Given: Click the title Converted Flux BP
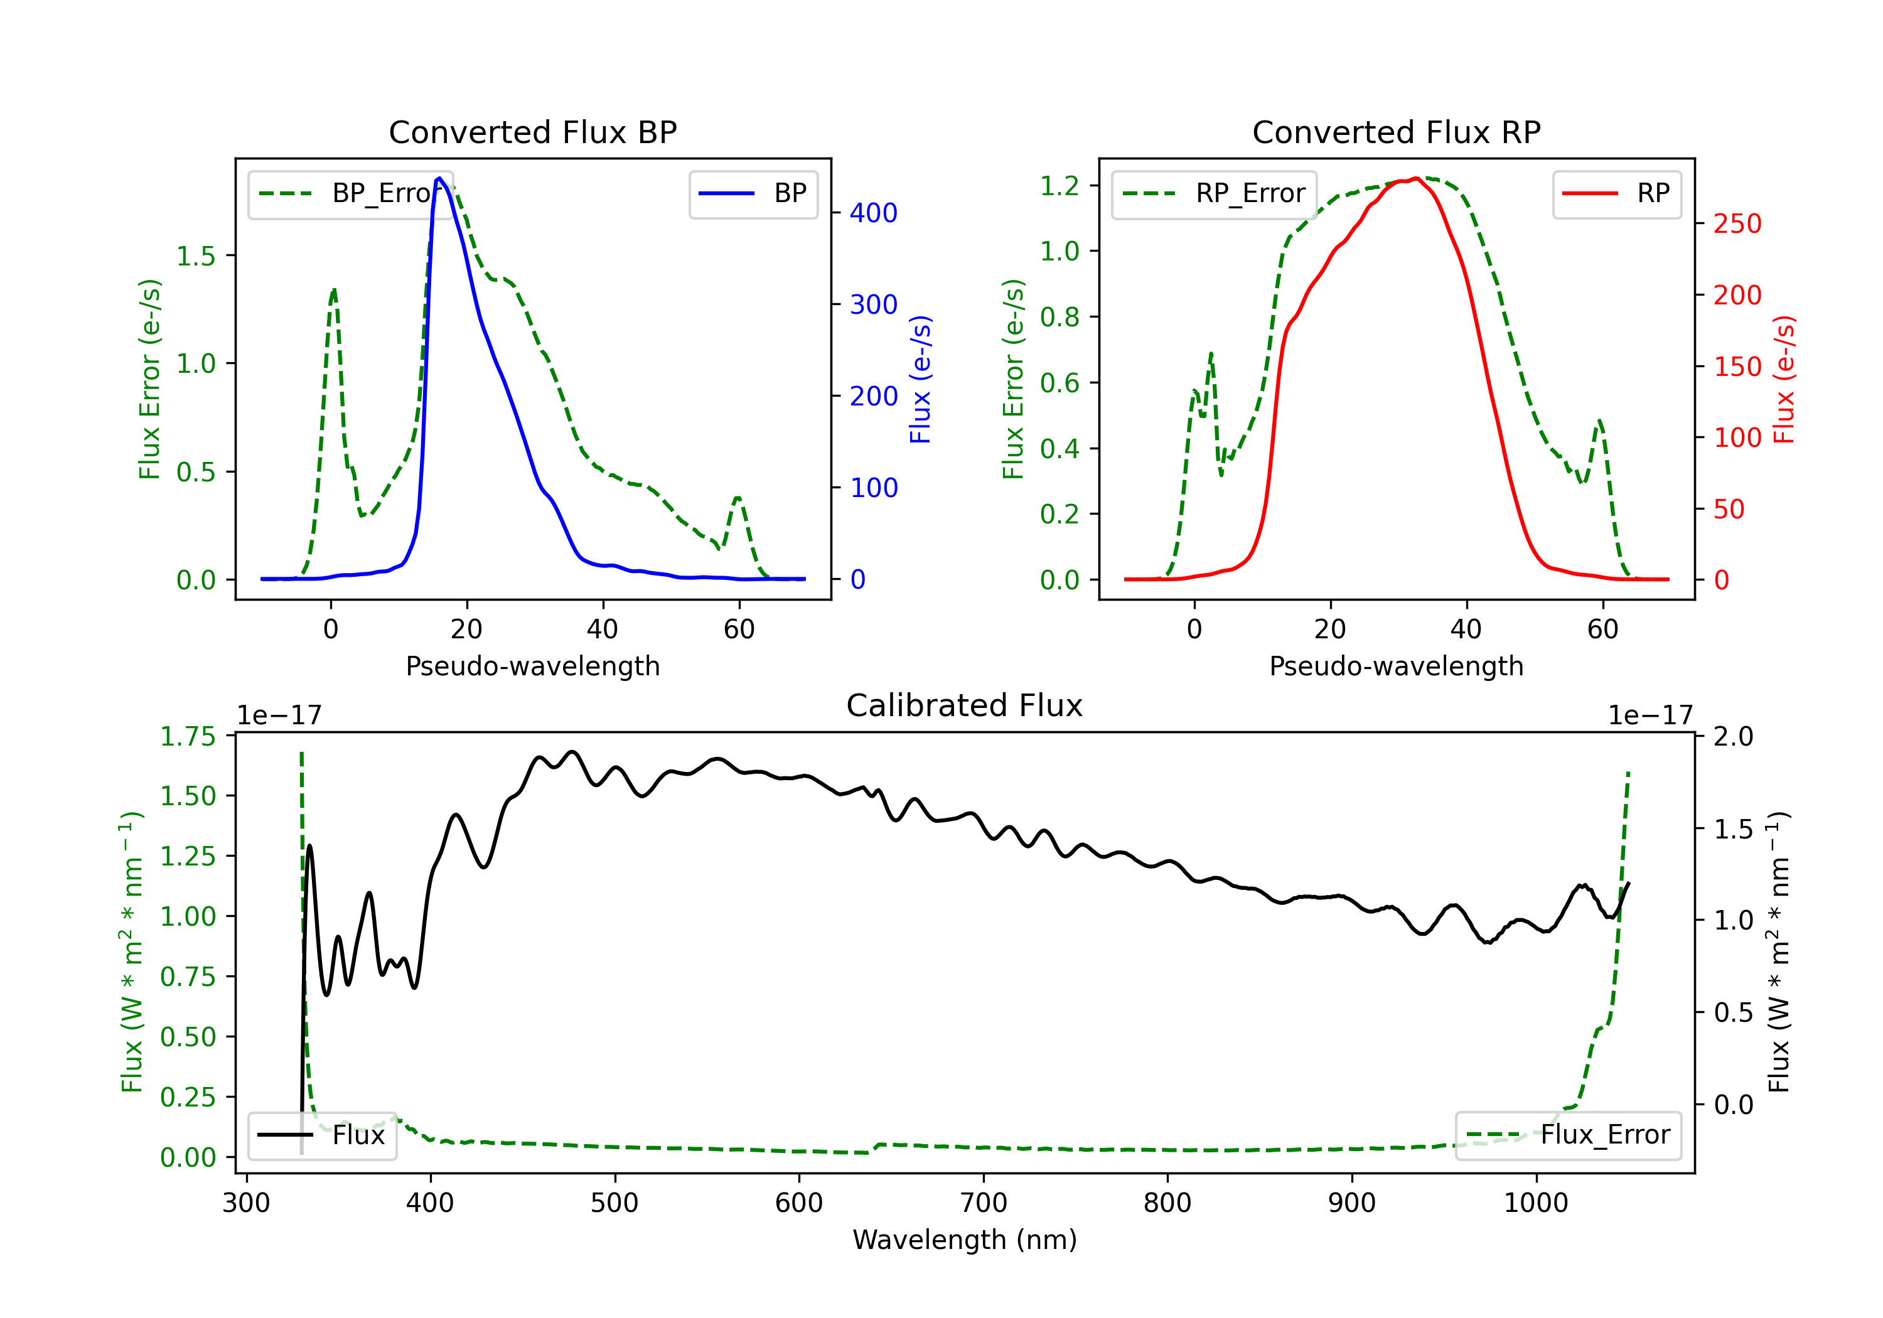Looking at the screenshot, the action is click(532, 132).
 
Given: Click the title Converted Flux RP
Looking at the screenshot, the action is click(1396, 132).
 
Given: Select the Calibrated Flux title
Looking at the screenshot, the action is click(965, 705).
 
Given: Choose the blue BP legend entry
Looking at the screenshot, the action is click(753, 193).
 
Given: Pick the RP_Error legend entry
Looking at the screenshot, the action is click(1214, 193).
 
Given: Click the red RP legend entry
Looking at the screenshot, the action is click(1616, 193).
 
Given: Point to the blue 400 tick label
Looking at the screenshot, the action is click(874, 213).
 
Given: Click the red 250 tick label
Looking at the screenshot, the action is click(1737, 224).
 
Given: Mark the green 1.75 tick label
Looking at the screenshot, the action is click(188, 736).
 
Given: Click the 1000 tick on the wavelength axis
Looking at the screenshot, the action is click(1535, 1203).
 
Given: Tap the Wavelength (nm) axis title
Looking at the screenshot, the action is click(965, 1240).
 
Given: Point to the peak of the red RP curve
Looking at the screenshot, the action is click(1417, 178).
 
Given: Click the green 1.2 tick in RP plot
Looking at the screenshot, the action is click(1060, 186).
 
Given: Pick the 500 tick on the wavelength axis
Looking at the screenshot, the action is click(614, 1203).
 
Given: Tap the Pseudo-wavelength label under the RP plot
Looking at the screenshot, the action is click(1396, 666).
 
